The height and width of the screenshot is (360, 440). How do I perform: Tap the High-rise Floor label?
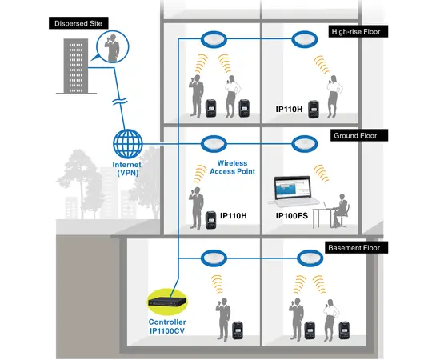tap(359, 33)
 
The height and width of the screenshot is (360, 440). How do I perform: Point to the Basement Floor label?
tap(357, 249)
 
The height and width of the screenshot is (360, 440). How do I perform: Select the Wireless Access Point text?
tap(231, 167)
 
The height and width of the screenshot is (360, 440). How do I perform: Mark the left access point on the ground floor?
tap(214, 144)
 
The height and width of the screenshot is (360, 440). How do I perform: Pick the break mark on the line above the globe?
tap(117, 103)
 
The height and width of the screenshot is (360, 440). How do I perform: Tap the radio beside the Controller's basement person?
tap(237, 329)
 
